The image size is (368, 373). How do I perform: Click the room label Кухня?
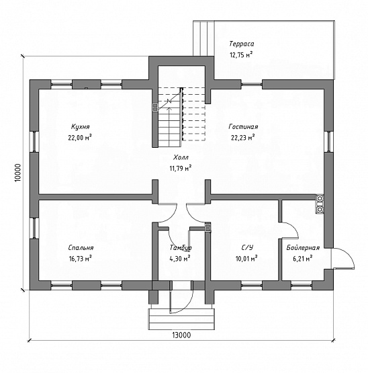(81, 126)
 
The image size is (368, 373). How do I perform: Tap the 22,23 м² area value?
(242, 138)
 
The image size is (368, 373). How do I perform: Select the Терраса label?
(242, 44)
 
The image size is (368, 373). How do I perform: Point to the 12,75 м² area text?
(241, 54)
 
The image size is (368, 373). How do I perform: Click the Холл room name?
(181, 157)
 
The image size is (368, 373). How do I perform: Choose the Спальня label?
(81, 248)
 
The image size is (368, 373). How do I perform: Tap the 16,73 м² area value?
(80, 259)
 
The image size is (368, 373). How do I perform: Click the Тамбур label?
(181, 248)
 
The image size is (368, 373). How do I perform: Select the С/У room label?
(247, 248)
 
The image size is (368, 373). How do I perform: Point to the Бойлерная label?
(303, 248)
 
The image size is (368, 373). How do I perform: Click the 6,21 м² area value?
(302, 259)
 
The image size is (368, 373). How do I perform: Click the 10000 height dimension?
(19, 173)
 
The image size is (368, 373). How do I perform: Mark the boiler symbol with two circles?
(320, 204)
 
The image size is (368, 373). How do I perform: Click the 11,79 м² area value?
(181, 169)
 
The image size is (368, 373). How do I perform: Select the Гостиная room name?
(243, 126)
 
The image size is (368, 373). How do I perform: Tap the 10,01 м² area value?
(246, 259)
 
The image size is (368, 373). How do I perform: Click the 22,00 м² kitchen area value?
(80, 138)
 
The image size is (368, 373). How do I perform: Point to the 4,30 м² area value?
(180, 259)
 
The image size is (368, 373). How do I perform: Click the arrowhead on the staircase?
(169, 109)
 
